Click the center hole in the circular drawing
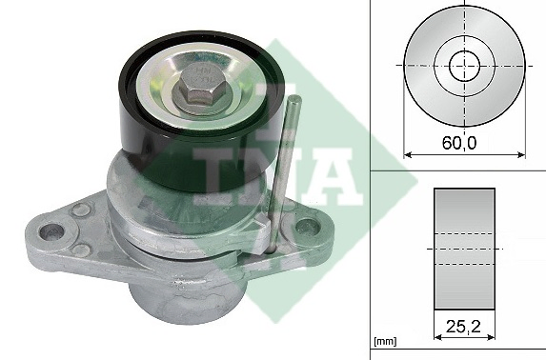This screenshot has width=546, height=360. click(x=464, y=67)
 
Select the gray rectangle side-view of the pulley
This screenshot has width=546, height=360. click(x=464, y=248)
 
